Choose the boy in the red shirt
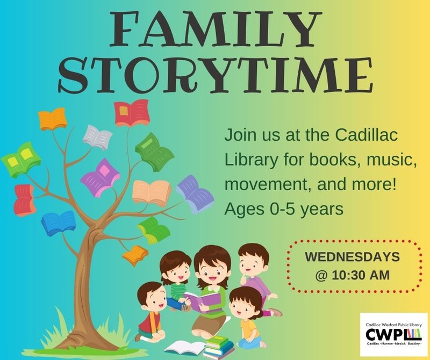click(148, 314)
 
